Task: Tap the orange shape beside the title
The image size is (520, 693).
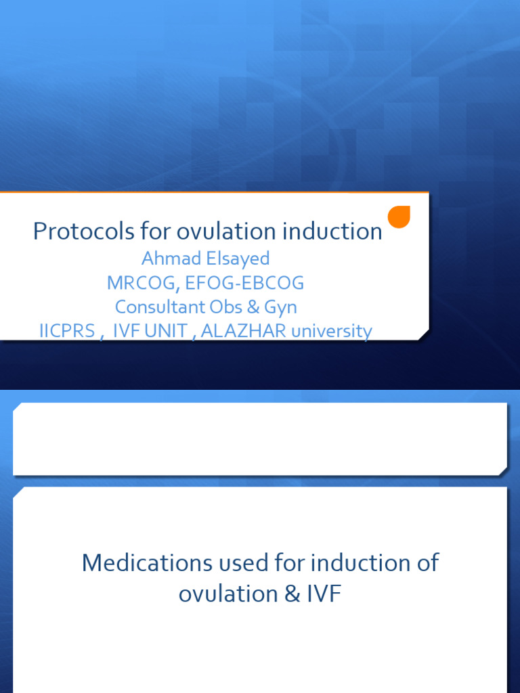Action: pos(399,217)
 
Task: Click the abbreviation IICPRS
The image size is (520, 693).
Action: pos(67,331)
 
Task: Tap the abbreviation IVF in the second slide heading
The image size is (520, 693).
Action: pos(324,594)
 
